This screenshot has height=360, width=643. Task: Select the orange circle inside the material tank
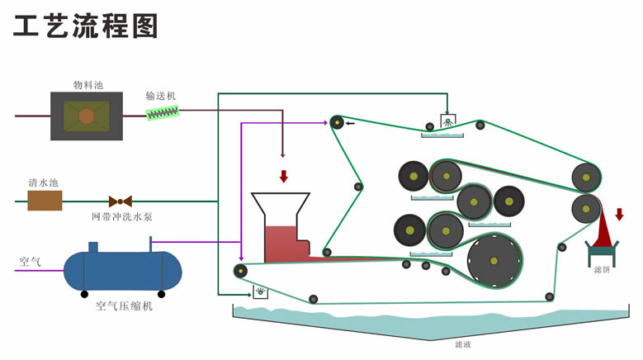coord(87,116)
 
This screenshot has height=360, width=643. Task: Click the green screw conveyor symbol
coord(163,112)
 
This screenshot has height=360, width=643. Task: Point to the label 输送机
coord(161,96)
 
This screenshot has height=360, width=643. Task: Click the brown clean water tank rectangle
coord(45,201)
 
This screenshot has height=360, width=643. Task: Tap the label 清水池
coord(44,182)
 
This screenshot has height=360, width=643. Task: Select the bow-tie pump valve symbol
coord(121,201)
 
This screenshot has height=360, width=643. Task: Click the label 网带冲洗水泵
coord(121,217)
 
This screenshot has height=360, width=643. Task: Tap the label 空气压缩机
coord(124,306)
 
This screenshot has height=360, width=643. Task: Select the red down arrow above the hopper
coord(284,176)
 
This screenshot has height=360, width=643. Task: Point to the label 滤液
coord(464,344)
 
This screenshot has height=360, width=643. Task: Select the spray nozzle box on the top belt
coord(447,121)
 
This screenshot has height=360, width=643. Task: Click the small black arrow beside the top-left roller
coord(350,123)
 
